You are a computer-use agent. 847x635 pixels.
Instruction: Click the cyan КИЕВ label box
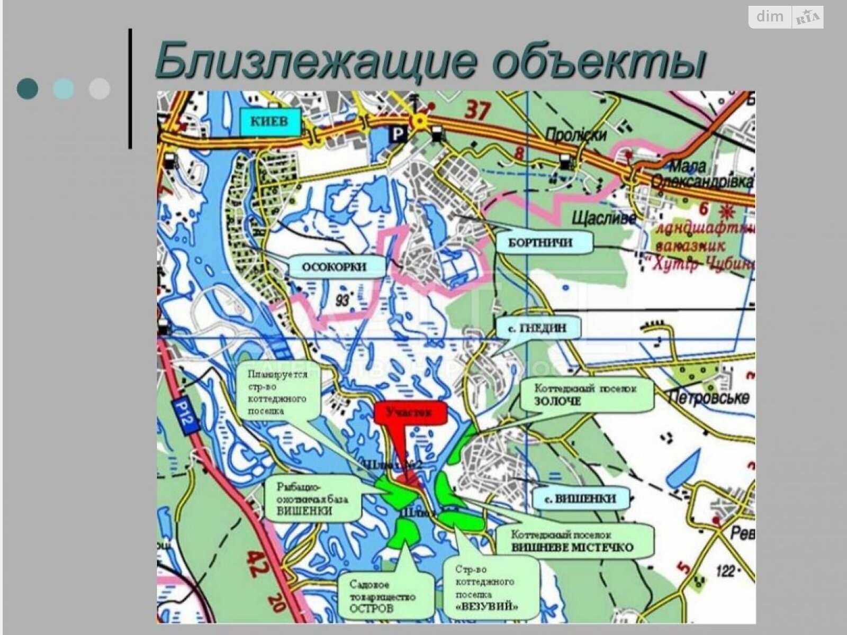tap(269, 121)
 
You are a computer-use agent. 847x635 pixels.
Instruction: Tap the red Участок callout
tap(410, 414)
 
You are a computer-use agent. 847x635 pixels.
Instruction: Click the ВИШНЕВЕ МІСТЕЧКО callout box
tap(574, 541)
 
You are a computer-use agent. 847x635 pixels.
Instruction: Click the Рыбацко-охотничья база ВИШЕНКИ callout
tap(312, 498)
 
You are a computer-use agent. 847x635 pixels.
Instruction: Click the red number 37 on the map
tap(478, 111)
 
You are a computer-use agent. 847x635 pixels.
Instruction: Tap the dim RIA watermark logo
tap(786, 17)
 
